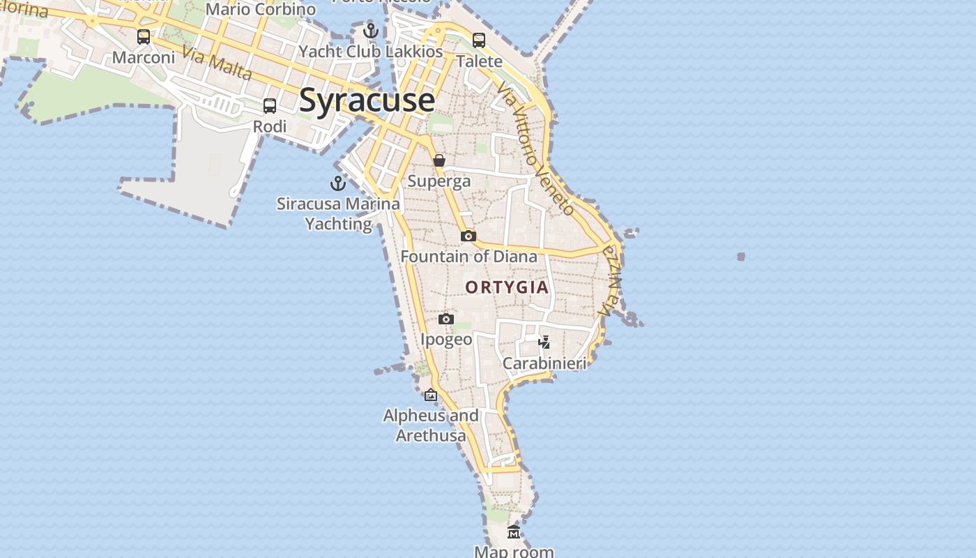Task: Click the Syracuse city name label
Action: tap(367, 100)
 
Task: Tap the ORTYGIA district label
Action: tap(507, 287)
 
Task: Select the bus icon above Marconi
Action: tap(144, 37)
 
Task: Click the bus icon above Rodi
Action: tap(270, 106)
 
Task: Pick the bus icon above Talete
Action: tap(479, 40)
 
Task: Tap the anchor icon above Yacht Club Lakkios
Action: tap(371, 31)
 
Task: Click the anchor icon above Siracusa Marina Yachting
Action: tap(338, 183)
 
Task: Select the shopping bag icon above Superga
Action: tap(439, 160)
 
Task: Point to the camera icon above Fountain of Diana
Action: tap(468, 236)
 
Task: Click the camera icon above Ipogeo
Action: tap(446, 319)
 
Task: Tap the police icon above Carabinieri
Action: tap(544, 342)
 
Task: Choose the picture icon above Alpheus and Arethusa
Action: tap(431, 395)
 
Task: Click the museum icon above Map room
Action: tap(514, 532)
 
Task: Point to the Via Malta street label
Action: tap(216, 62)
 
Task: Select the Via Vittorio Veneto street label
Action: tap(536, 149)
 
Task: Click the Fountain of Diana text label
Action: tap(468, 257)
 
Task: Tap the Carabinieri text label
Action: tap(544, 363)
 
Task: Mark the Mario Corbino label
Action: tap(261, 10)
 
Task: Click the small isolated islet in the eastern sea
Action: tap(741, 257)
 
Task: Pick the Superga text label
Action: tap(439, 181)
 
